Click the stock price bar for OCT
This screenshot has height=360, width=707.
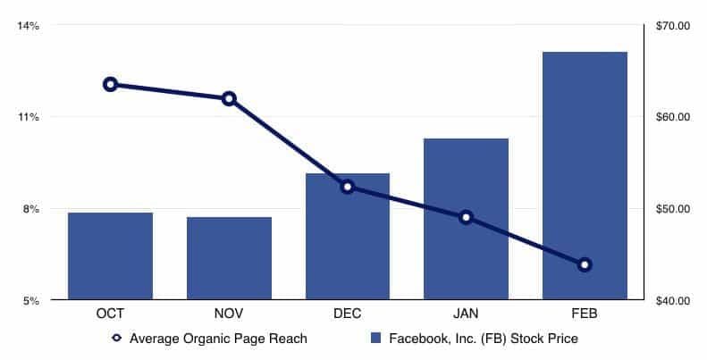pyautogui.click(x=110, y=256)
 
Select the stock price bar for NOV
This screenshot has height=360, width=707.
pyautogui.click(x=229, y=258)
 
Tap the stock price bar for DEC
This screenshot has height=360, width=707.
pyautogui.click(x=348, y=237)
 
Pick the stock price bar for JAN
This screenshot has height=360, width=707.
pyautogui.click(x=466, y=219)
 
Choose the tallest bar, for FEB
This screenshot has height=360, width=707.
pyautogui.click(x=585, y=176)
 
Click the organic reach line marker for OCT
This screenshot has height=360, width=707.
pyautogui.click(x=110, y=85)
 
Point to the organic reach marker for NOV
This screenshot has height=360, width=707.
pyautogui.click(x=229, y=98)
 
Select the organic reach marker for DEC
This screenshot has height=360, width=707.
pyautogui.click(x=348, y=187)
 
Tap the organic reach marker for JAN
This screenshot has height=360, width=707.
pyautogui.click(x=466, y=217)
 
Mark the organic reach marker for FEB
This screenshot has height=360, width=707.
pyautogui.click(x=585, y=264)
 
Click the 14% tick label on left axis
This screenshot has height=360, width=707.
pyautogui.click(x=28, y=26)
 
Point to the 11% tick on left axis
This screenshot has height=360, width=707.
pyautogui.click(x=28, y=117)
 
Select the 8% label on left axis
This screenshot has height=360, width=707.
pyautogui.click(x=30, y=209)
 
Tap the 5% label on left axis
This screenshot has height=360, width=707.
pyautogui.click(x=30, y=301)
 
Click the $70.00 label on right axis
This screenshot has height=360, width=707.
pyautogui.click(x=673, y=26)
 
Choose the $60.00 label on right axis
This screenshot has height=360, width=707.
pyautogui.click(x=673, y=117)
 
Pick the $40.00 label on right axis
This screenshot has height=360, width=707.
pyautogui.click(x=673, y=301)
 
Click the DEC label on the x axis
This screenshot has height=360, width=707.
pyautogui.click(x=348, y=314)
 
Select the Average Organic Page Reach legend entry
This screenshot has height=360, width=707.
pyautogui.click(x=211, y=339)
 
